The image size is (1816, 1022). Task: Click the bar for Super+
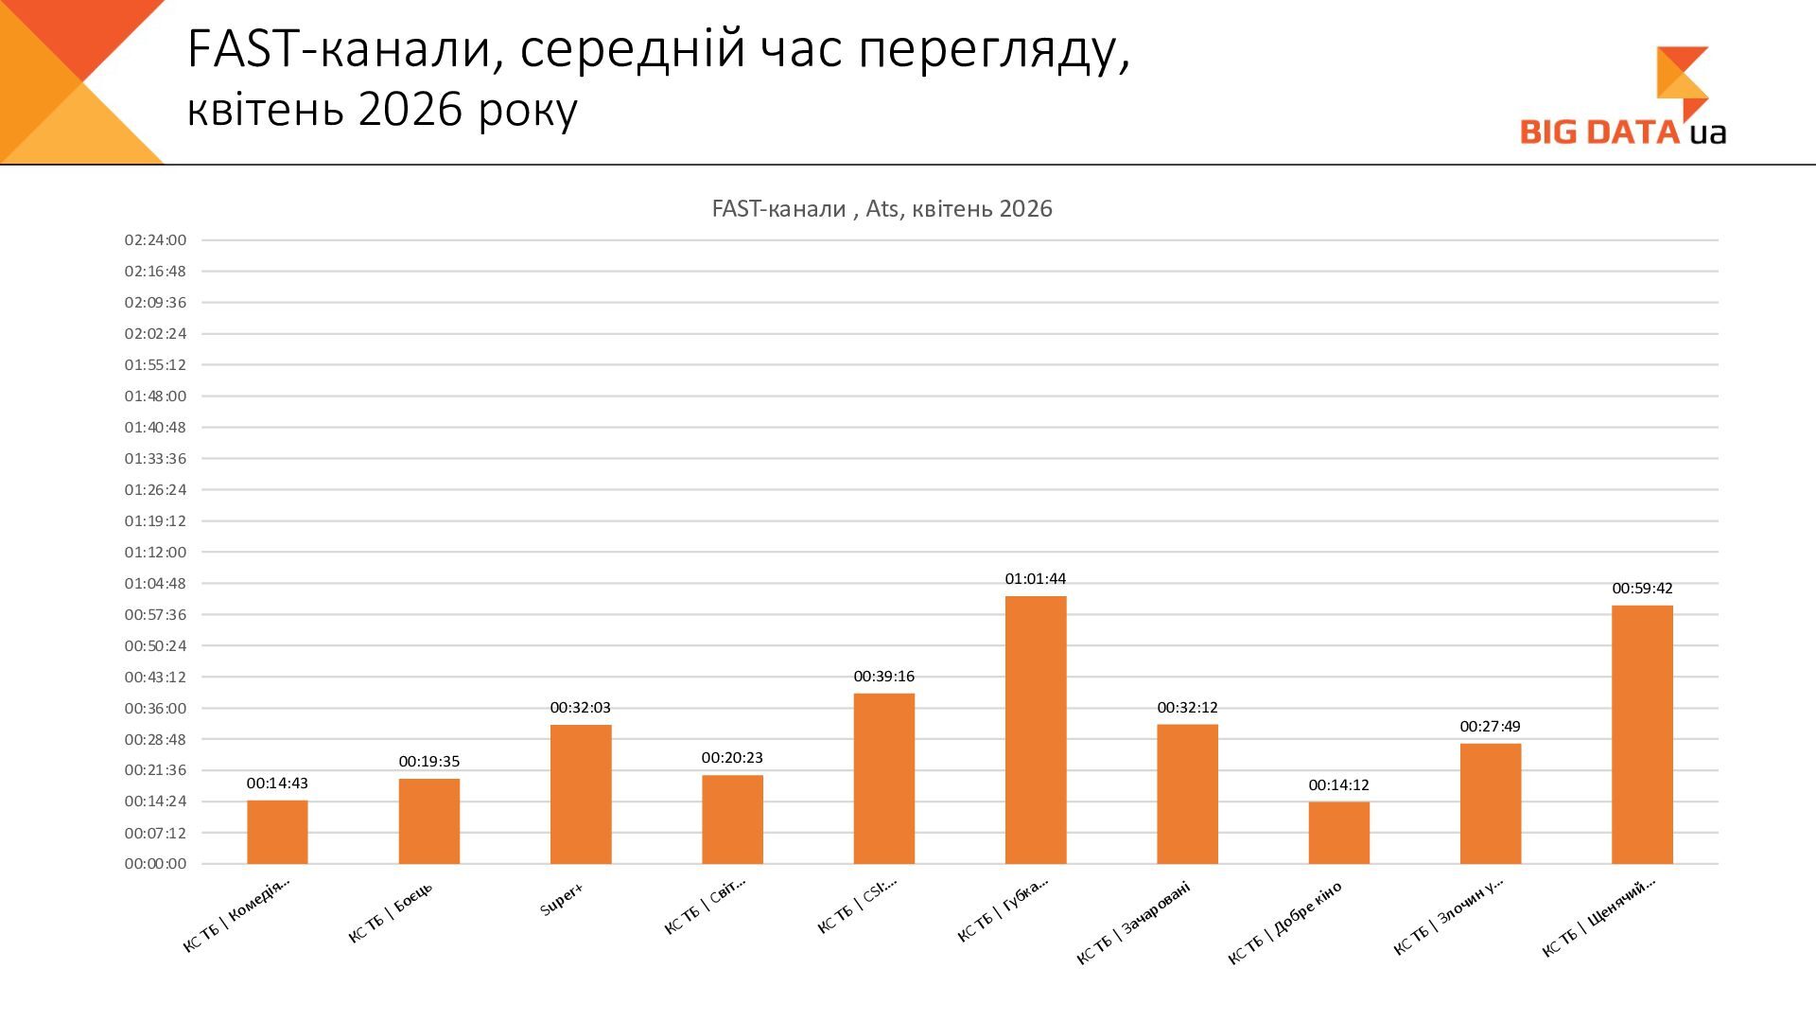581,794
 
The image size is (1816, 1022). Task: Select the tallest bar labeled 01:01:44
1036,730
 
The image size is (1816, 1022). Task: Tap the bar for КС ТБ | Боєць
429,821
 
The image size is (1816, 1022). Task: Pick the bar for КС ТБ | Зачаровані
1187,794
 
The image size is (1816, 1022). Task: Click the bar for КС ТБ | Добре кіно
1339,833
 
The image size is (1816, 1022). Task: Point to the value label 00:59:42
1642,589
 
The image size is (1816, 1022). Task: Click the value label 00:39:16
884,677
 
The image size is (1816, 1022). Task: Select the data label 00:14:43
277,784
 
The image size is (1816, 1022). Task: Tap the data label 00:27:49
1491,727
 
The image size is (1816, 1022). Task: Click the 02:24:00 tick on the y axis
156,240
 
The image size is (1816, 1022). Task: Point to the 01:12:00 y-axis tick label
156,552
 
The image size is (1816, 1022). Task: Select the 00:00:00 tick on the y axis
156,864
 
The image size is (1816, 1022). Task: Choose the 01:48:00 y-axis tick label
156,396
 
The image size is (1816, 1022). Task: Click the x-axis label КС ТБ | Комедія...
236,915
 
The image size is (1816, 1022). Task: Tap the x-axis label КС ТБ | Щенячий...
1599,917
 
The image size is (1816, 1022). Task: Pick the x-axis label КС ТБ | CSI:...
857,906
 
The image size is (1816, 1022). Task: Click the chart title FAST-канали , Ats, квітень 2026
882,209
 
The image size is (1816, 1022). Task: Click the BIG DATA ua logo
1624,96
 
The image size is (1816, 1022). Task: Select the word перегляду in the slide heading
995,51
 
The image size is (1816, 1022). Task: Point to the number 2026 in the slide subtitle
410,110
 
